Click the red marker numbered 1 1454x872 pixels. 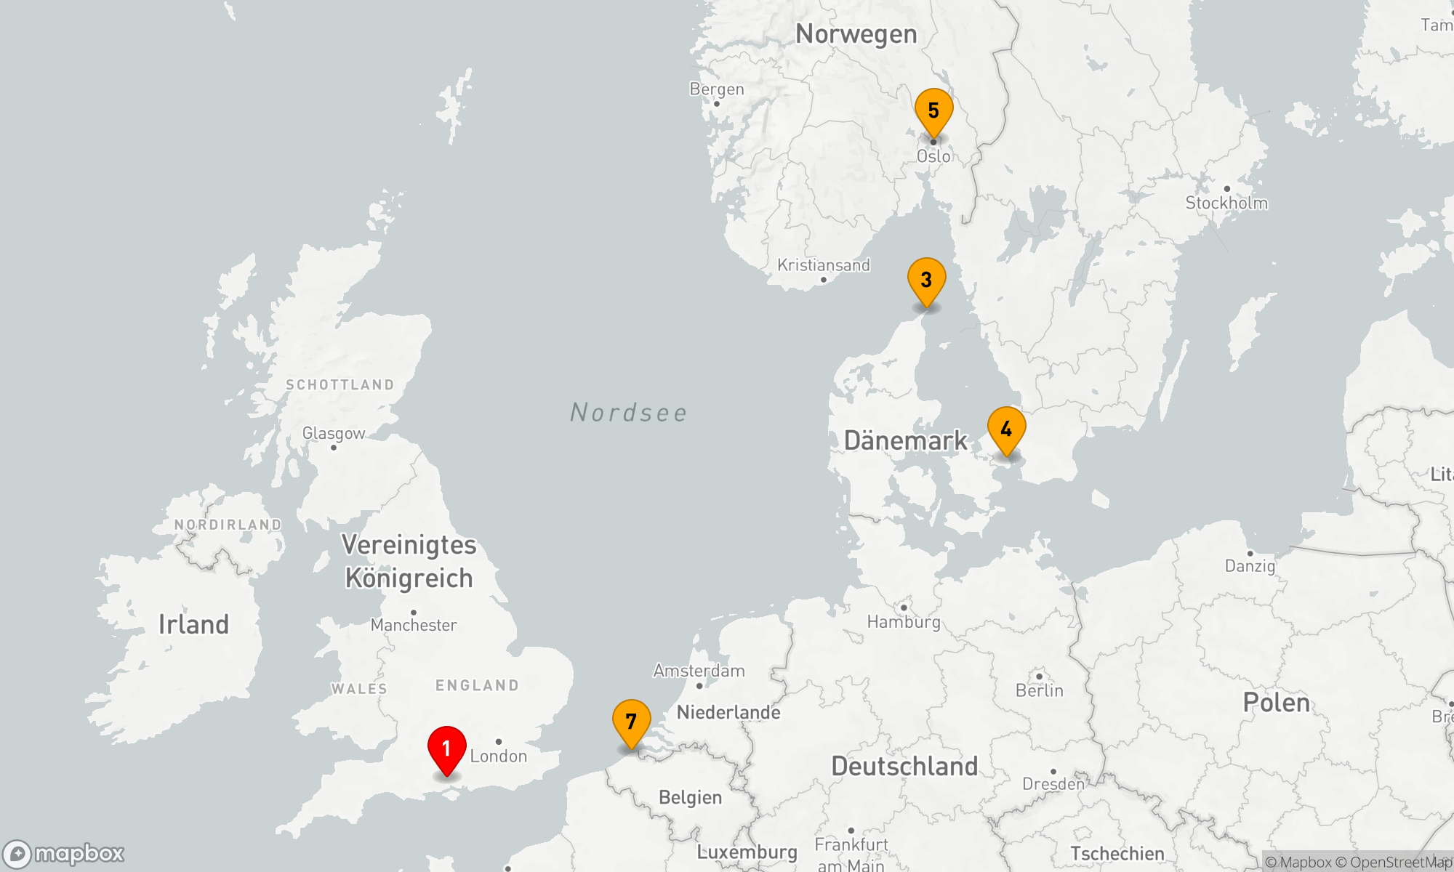pos(446,749)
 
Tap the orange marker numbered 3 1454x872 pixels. pos(926,280)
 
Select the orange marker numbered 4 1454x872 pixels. pos(1006,429)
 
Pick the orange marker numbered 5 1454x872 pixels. pos(933,111)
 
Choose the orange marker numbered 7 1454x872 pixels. pos(631,722)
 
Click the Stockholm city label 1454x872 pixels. pos(1226,203)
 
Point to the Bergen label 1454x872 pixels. pos(717,89)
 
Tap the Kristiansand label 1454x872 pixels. pos(824,265)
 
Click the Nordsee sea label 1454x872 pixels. pos(629,413)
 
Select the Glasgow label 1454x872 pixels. pos(334,434)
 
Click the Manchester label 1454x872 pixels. pos(414,625)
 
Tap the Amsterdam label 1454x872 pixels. pos(699,671)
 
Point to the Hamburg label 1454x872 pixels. pos(904,622)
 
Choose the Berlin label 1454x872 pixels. pos(1040,690)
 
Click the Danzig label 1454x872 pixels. pos(1250,566)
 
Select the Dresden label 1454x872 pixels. pos(1053,784)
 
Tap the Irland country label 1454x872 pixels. pos(193,624)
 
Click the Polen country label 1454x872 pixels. pos(1277,703)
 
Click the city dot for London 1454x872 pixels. pos(498,742)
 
